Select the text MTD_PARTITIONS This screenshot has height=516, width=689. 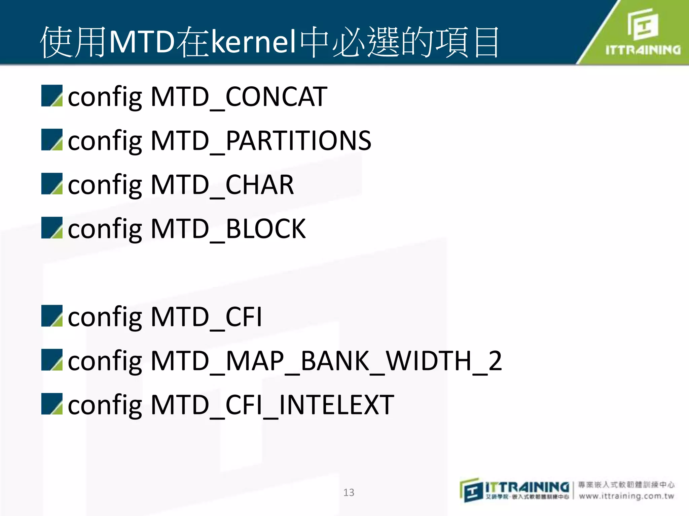point(261,141)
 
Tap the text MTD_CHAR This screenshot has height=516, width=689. point(222,185)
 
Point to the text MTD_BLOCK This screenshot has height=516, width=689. point(228,229)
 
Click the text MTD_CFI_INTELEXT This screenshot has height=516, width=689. point(272,405)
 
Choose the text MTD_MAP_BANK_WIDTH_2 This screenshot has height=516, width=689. point(326,361)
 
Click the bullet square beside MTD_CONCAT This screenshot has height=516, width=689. point(52,96)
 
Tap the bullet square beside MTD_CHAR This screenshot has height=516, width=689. point(52,184)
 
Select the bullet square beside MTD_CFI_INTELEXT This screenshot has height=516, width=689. point(52,404)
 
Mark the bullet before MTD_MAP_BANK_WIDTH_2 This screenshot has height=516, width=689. point(52,360)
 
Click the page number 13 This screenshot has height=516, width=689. point(349,492)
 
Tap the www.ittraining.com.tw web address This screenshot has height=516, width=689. point(626,496)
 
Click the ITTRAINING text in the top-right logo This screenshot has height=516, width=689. point(643,50)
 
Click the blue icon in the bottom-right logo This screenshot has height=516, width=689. point(471,491)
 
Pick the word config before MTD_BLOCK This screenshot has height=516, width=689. point(105,229)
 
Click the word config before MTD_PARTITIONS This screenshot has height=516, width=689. point(105,141)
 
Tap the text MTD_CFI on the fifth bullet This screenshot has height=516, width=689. point(206,317)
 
